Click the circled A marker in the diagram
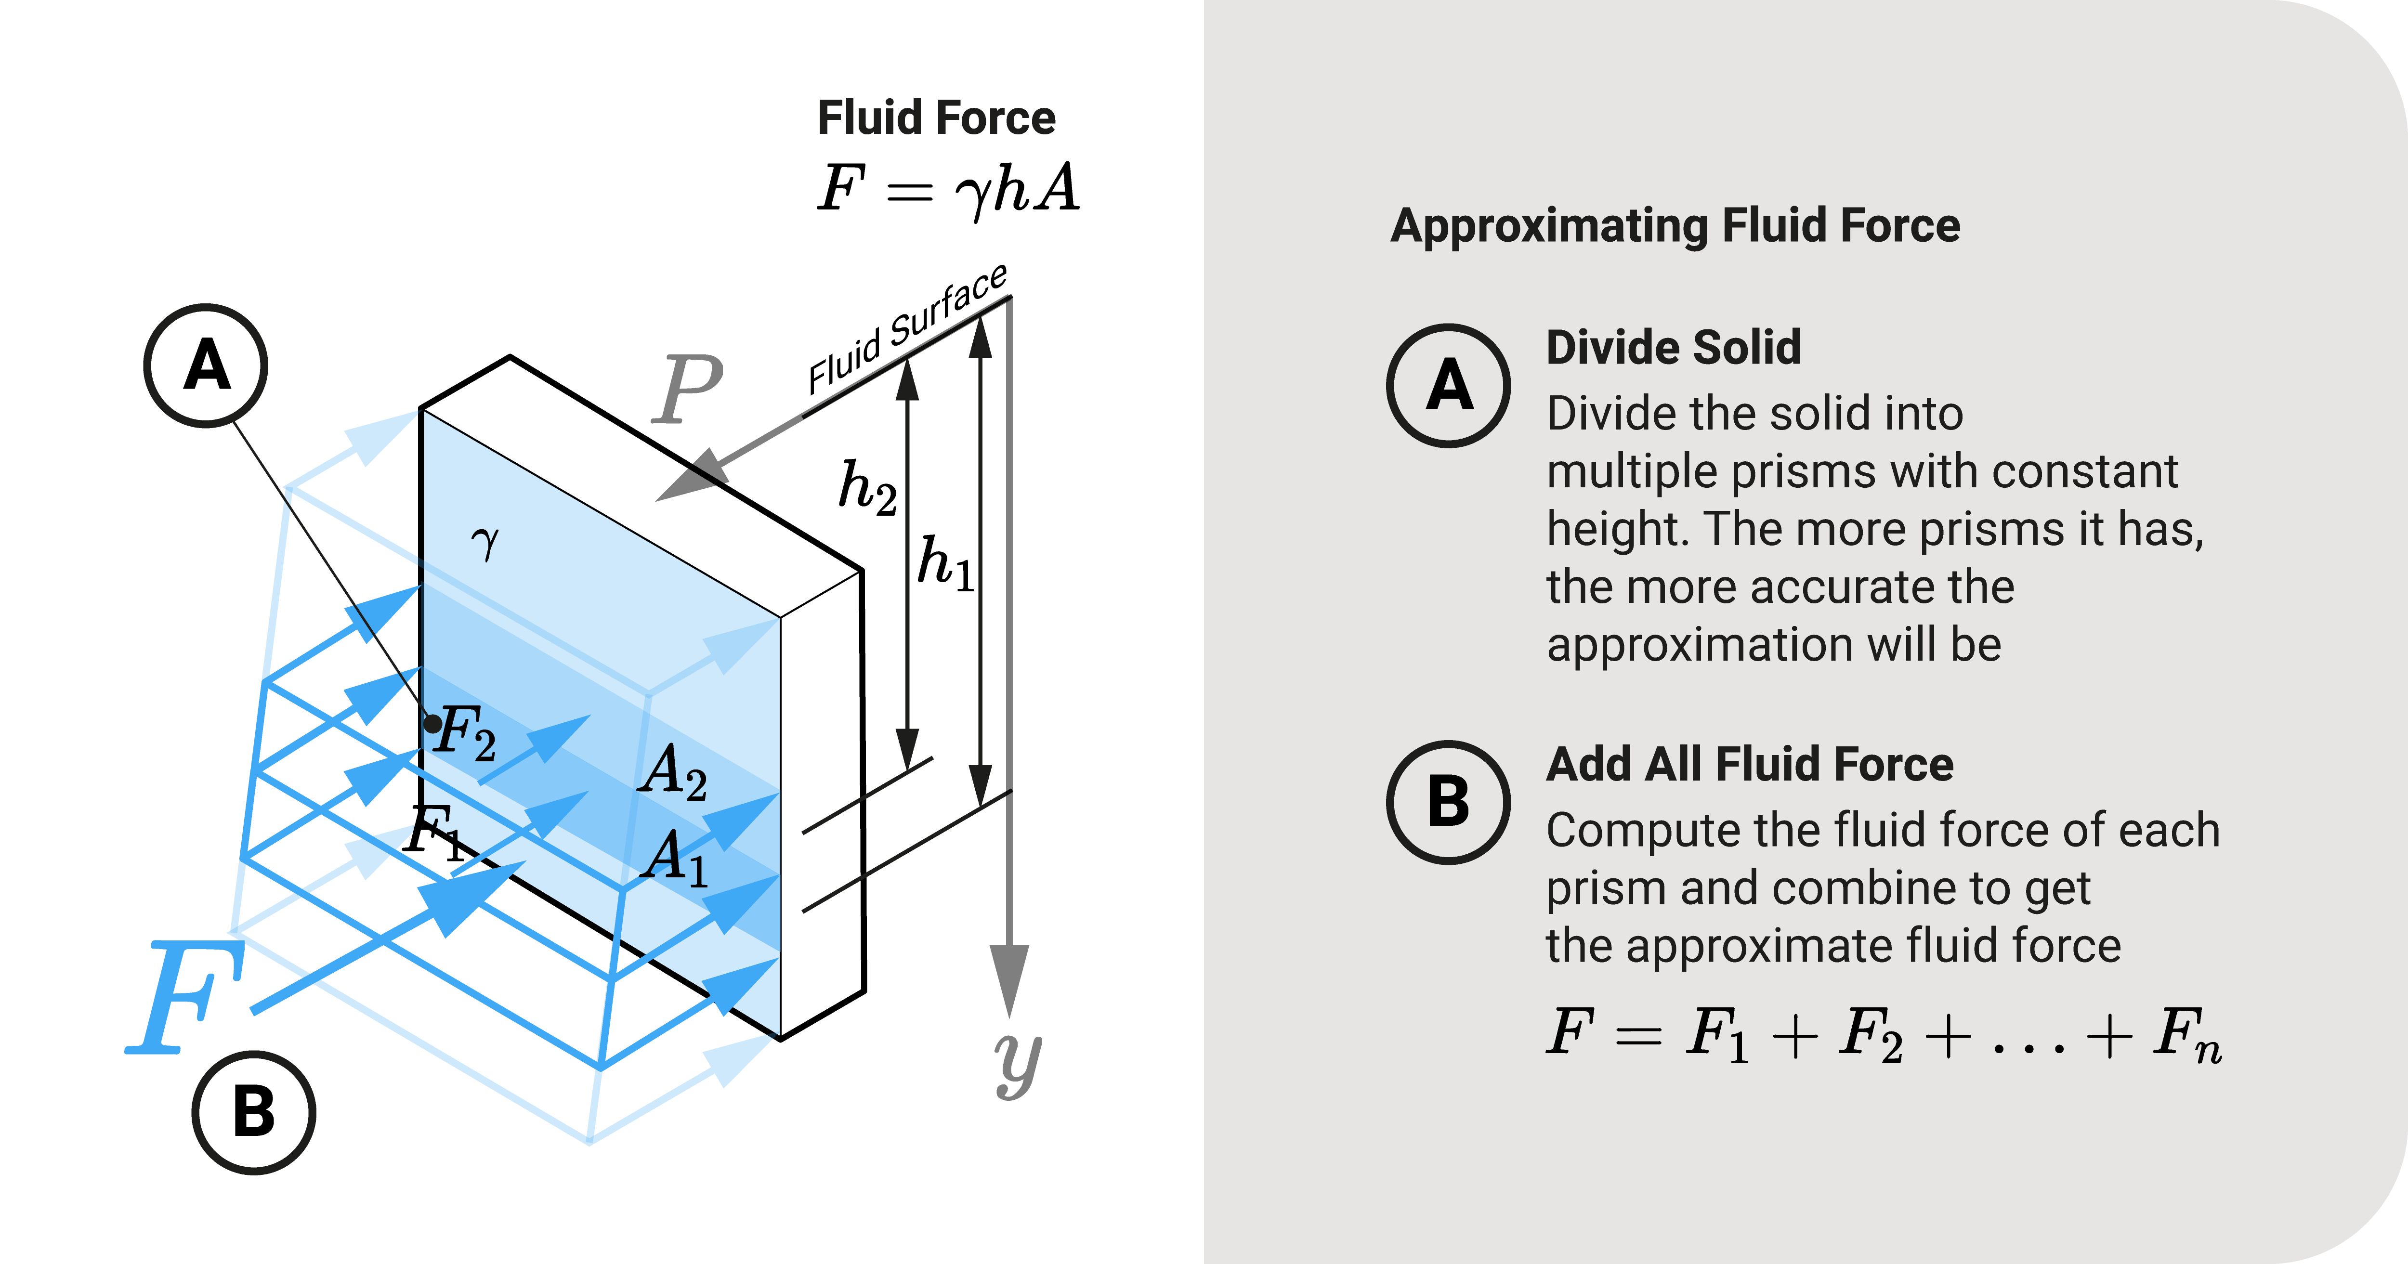206,365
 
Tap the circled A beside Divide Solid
1448,385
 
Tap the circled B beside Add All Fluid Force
1448,802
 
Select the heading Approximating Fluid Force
1675,226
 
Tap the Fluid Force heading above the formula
936,118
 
